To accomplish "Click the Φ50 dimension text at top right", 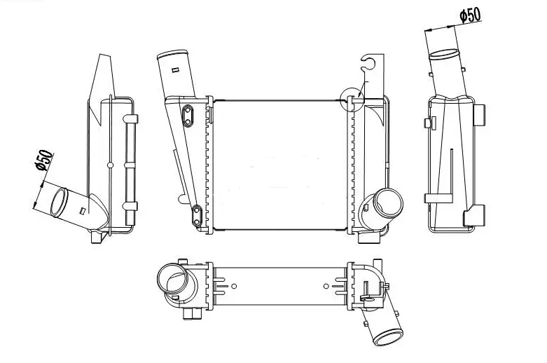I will (x=471, y=15).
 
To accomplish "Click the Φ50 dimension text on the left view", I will (x=43, y=160).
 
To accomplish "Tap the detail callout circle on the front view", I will (x=350, y=99).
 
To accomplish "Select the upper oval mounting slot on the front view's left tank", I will (x=188, y=116).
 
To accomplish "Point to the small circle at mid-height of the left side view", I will (x=110, y=165).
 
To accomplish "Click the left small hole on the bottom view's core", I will (x=234, y=285).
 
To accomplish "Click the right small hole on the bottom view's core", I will (x=326, y=285).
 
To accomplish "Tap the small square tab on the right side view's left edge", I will (x=427, y=123).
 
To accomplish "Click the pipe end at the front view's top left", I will (x=172, y=55).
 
